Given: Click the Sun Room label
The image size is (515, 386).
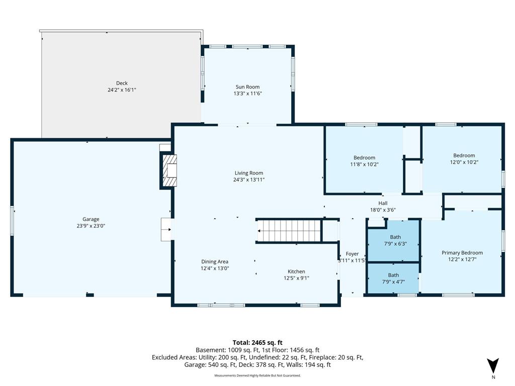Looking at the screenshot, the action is coord(247,87).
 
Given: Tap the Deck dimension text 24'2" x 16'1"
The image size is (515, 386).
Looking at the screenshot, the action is coord(122,90).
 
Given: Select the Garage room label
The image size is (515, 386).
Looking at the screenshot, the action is coord(91,219).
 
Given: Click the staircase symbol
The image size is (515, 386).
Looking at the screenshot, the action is coord(289,231).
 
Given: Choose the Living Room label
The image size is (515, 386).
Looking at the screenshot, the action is coord(249,173).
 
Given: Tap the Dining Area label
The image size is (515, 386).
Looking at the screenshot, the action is coord(215,261).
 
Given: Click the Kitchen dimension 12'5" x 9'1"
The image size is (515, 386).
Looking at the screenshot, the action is coord(297,278).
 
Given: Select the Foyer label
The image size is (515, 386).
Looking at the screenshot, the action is coord(352,254).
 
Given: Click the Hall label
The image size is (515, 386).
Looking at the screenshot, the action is coord(383,203).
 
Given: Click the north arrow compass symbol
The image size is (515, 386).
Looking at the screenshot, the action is coord(493,366).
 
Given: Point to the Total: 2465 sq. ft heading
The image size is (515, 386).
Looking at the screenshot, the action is coord(257,343).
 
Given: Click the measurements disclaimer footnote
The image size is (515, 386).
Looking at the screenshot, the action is coord(257,375).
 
